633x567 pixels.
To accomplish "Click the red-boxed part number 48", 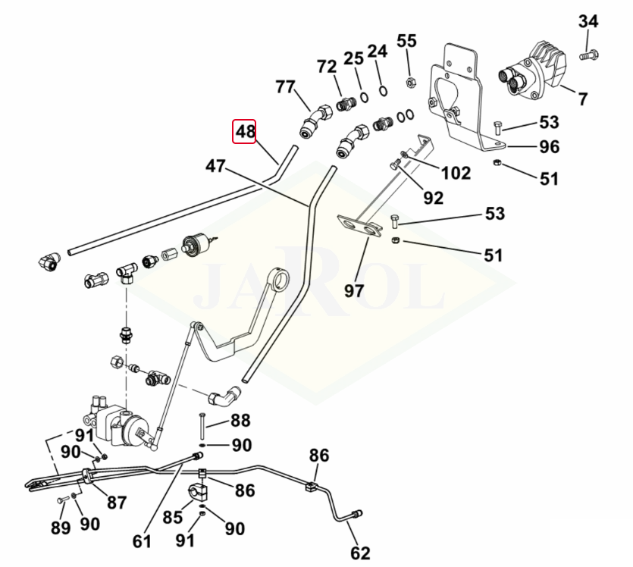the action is (244, 131).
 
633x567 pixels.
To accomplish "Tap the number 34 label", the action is (588, 21).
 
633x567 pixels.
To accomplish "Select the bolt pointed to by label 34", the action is (589, 55).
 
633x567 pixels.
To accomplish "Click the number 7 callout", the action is (582, 99).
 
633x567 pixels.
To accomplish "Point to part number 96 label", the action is (550, 147).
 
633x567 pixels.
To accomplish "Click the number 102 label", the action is (456, 173).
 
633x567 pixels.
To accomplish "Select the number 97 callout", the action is (354, 290).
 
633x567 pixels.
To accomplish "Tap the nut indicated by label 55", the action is (409, 83).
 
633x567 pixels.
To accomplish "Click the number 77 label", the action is (285, 86).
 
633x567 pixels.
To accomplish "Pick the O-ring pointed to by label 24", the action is (383, 91).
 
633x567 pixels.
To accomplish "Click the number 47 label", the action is (215, 166).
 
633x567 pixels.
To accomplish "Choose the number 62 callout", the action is (360, 553).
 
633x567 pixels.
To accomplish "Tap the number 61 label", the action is (142, 541).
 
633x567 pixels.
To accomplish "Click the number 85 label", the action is (173, 517).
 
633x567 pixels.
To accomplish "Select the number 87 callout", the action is (117, 503).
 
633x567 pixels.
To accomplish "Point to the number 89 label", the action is (61, 528).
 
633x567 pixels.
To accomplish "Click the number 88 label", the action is (240, 421).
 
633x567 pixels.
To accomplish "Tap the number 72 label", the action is (327, 67).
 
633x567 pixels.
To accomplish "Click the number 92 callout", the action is (433, 197).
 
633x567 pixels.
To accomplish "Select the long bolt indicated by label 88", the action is (202, 426).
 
